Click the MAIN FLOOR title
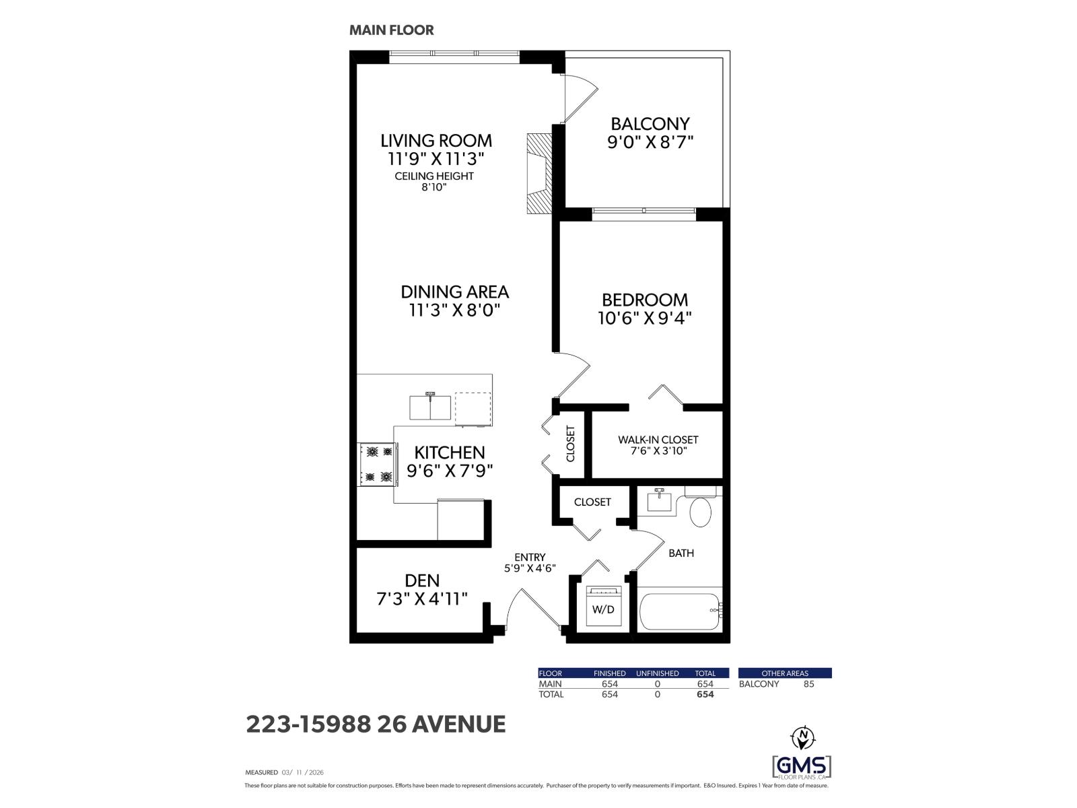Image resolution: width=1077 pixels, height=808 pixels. pos(391,30)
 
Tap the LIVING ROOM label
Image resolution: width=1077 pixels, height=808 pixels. pos(436,141)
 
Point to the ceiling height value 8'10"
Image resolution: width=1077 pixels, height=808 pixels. pos(434,187)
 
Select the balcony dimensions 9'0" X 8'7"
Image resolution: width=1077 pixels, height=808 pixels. pos(650,142)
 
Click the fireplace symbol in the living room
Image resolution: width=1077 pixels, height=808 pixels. pos(539,174)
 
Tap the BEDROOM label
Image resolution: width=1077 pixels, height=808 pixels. pos(644,300)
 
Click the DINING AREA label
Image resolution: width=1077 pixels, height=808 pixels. pos(454,292)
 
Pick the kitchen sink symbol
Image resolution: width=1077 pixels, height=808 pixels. pos(431,406)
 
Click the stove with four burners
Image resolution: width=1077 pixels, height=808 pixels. pos(376,464)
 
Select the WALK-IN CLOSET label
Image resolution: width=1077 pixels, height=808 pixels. pos(658,440)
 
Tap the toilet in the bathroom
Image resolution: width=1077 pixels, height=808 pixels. pos(700,512)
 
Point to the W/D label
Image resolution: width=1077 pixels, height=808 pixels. pos(602,610)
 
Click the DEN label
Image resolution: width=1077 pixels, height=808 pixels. pos(422,580)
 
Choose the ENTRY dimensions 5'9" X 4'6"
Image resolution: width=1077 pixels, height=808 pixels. pos(529,568)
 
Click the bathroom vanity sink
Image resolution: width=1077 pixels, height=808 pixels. pos(659,502)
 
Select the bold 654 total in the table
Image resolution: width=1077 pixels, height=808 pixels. pos(705,694)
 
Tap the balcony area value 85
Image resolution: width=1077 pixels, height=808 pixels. pos(808,684)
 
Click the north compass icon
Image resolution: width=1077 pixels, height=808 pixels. pos(802,738)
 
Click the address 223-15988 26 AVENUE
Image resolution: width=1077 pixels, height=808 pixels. pos(376,725)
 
